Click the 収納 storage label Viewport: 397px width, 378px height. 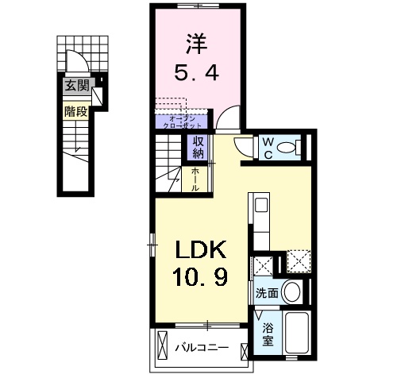pos(197,148)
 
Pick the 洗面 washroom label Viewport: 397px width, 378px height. pos(267,293)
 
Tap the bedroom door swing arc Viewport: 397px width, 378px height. pos(227,118)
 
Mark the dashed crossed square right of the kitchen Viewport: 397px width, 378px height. pos(298,263)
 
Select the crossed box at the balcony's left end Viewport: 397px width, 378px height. pos(163,347)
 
